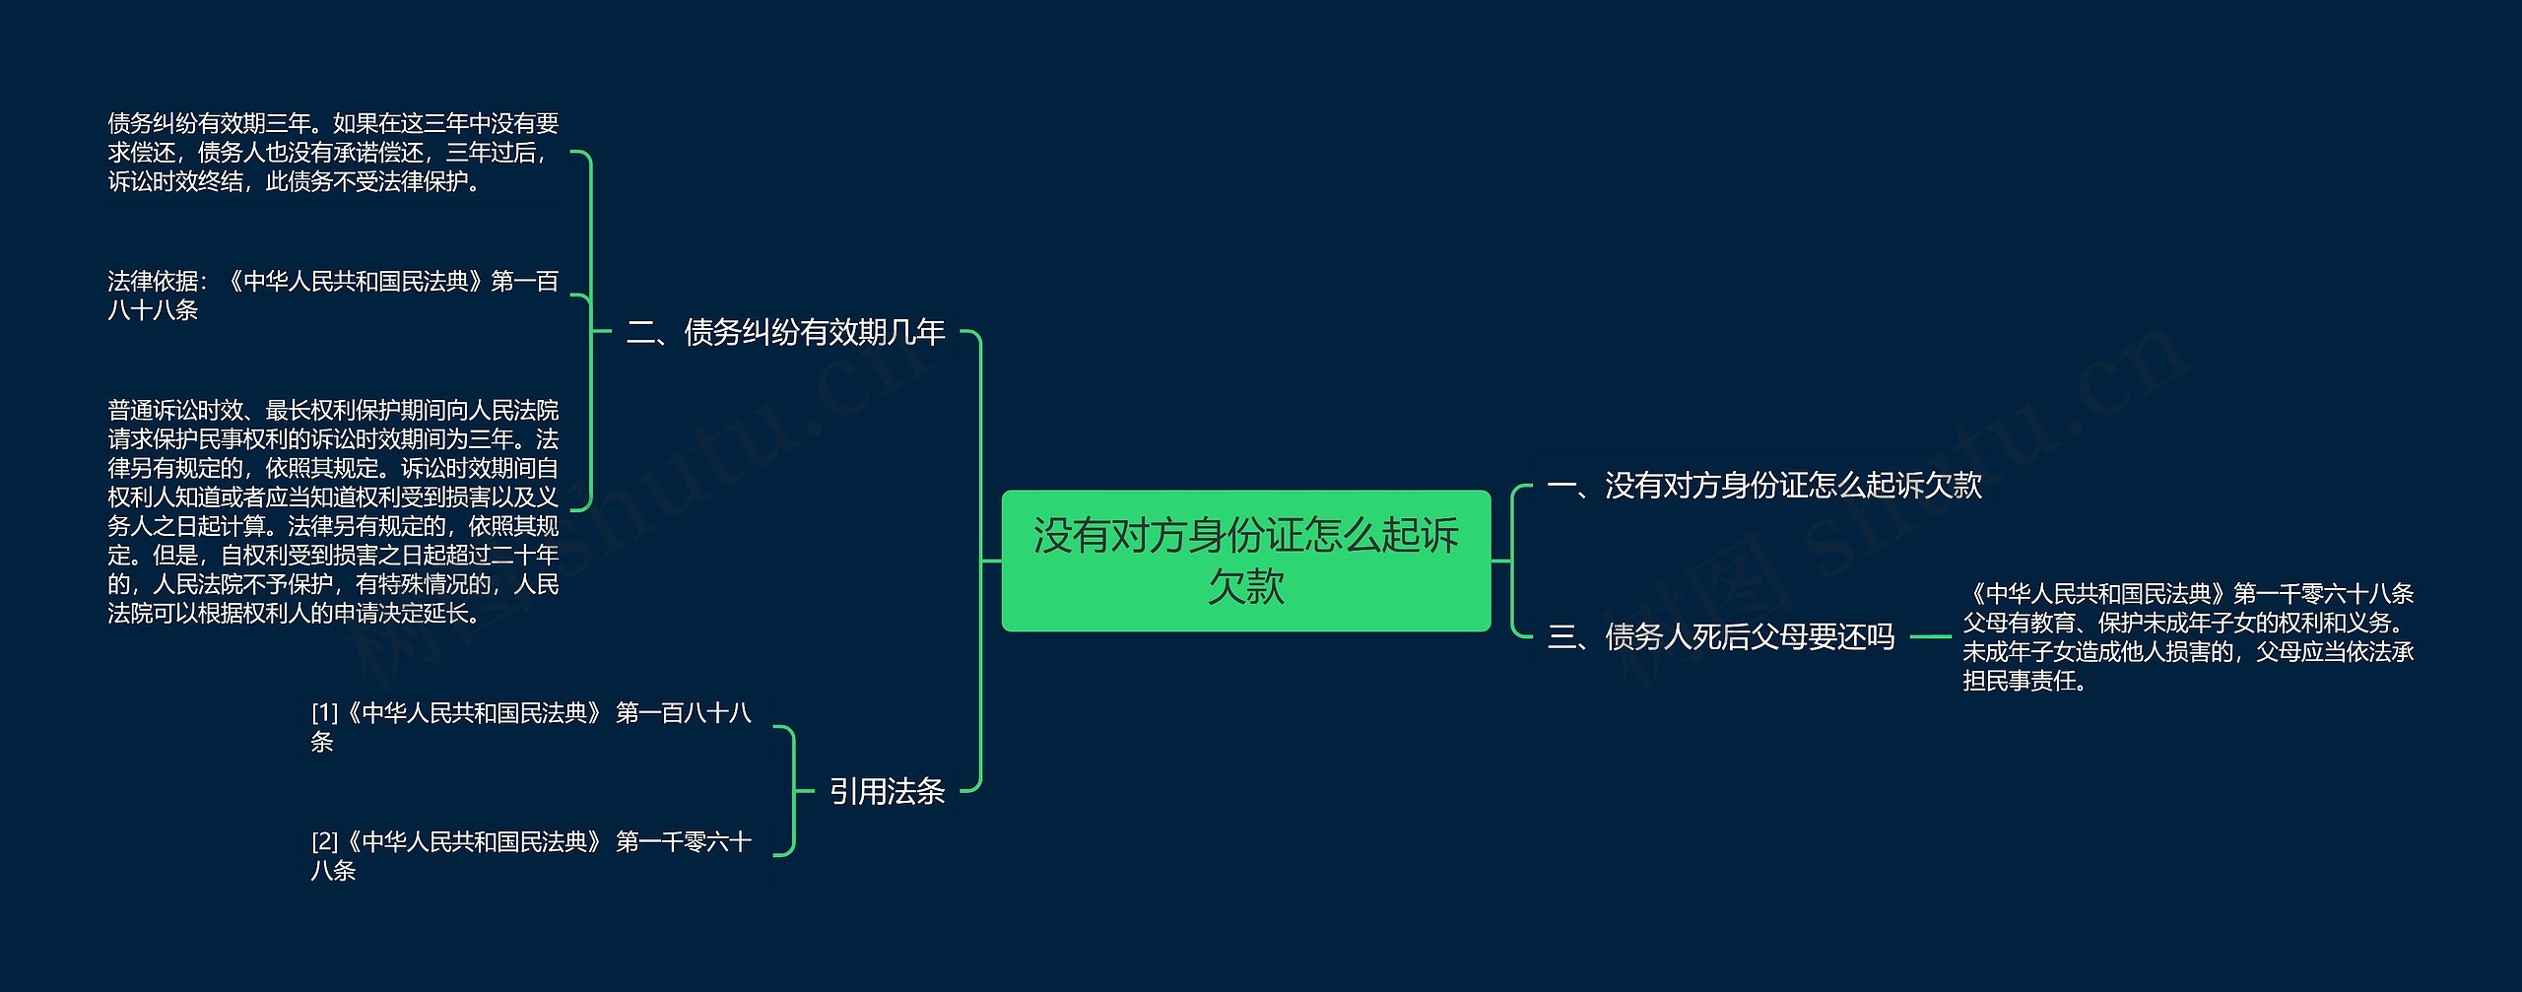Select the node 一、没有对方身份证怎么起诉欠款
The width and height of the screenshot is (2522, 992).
pyautogui.click(x=1763, y=486)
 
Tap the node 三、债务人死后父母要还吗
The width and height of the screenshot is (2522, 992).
pyautogui.click(x=1720, y=637)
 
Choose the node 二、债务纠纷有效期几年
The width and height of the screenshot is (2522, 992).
pyautogui.click(x=785, y=333)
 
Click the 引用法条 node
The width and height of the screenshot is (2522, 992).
pyautogui.click(x=887, y=791)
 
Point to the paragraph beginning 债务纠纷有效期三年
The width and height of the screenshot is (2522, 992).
pyautogui.click(x=333, y=153)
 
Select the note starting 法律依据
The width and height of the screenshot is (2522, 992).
pyautogui.click(x=333, y=296)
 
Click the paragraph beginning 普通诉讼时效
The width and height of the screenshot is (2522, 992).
pyautogui.click(x=333, y=511)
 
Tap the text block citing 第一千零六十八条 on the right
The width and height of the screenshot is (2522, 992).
pyautogui.click(x=2187, y=637)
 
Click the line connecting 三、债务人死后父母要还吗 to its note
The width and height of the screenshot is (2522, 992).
pyautogui.click(x=1929, y=637)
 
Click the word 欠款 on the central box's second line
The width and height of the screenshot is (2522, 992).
pyautogui.click(x=1245, y=587)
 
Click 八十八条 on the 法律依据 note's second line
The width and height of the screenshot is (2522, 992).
pyautogui.click(x=153, y=310)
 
